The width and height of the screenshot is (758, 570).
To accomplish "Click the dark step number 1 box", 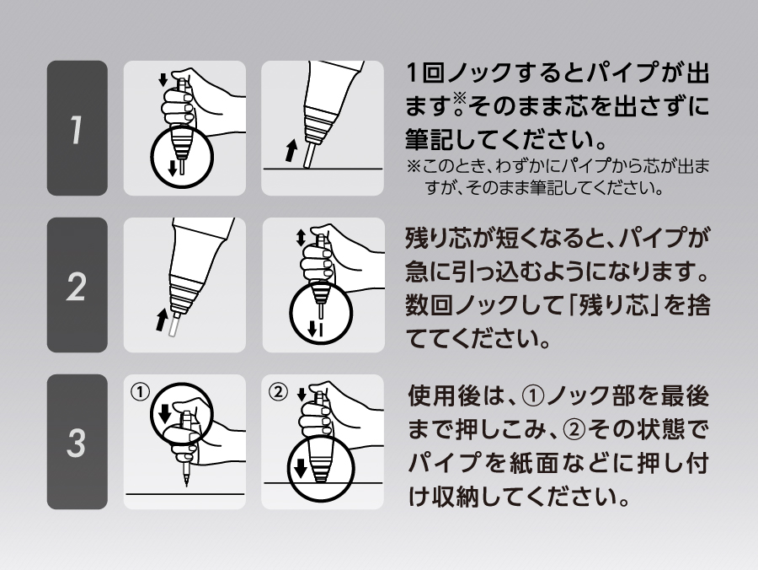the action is (x=77, y=128).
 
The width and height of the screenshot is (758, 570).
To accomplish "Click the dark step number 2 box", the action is (x=77, y=285).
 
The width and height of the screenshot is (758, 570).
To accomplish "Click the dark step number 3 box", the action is (x=77, y=442).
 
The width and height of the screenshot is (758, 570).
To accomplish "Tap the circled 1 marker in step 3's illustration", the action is (x=140, y=392).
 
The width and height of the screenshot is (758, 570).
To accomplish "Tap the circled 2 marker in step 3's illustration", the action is (x=277, y=392).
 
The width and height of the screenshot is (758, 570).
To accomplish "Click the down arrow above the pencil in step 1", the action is (x=164, y=79).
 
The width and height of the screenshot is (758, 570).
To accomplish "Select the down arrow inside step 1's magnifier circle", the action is (x=173, y=169).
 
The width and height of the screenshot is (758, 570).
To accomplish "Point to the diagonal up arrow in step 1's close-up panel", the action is (x=291, y=150).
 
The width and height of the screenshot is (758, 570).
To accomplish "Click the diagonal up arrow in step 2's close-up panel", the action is (x=162, y=320).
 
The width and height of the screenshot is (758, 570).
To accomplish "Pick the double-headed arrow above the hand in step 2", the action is (x=301, y=237).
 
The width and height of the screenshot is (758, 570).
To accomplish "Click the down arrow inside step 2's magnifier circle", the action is (x=312, y=329).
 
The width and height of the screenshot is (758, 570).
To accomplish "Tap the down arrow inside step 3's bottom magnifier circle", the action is (x=301, y=468).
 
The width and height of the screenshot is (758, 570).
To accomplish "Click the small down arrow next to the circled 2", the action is (x=302, y=395).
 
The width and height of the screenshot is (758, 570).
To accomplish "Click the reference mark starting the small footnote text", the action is (x=414, y=167).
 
